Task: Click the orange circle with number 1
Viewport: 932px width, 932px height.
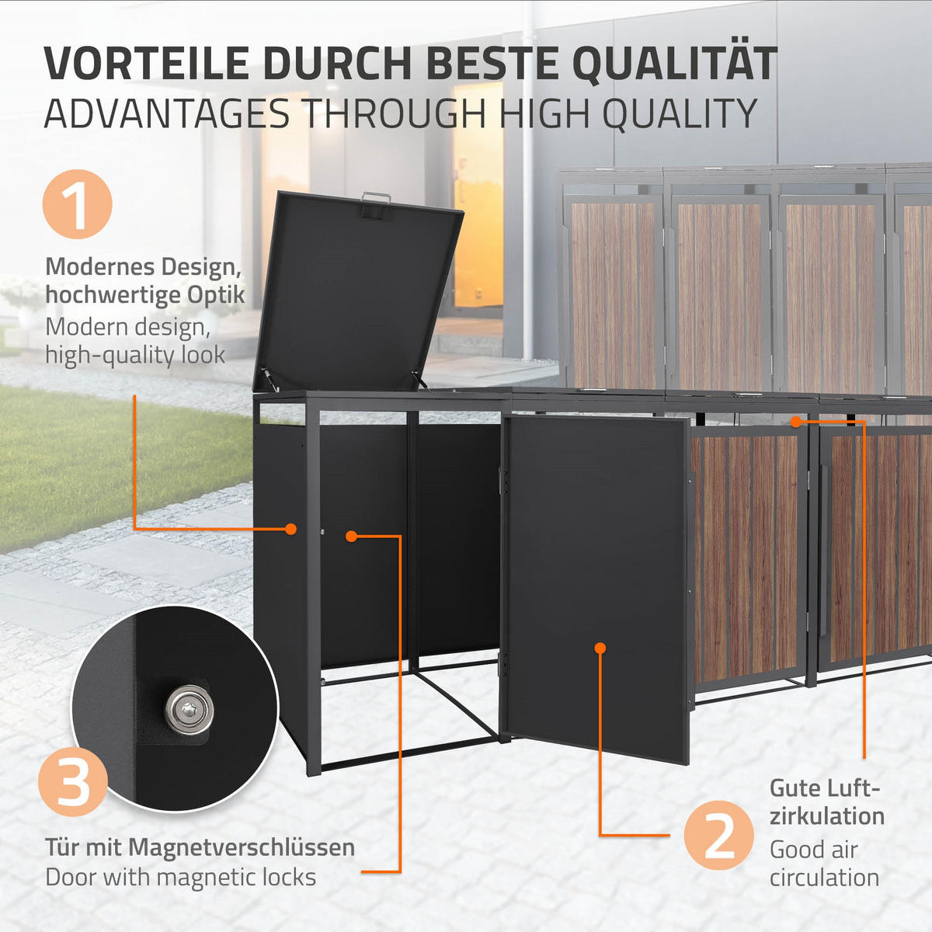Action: tap(77, 204)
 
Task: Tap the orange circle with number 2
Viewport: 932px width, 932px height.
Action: tap(719, 836)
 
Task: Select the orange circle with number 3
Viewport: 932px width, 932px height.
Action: tap(73, 781)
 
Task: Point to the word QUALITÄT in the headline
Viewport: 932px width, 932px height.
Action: tap(674, 64)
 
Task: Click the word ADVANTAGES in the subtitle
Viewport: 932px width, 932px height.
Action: tap(166, 115)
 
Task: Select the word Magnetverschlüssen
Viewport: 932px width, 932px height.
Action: tap(242, 847)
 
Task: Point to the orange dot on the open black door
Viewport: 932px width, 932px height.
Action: tap(600, 647)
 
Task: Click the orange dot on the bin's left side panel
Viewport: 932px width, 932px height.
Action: tap(290, 529)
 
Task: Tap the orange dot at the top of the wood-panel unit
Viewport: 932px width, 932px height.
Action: tap(795, 421)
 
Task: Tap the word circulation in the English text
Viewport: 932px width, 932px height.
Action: tap(825, 878)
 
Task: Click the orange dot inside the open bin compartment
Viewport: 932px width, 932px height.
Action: tap(351, 536)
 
